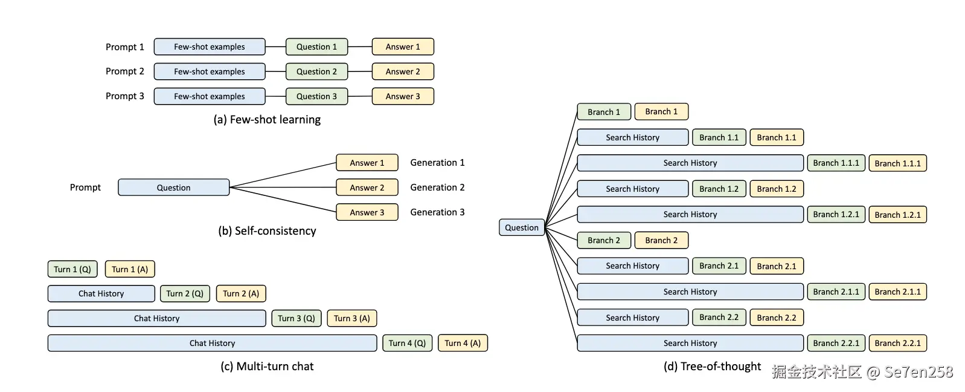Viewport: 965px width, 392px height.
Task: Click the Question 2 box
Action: coord(316,71)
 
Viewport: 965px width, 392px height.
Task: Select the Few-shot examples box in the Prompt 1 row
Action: coord(209,47)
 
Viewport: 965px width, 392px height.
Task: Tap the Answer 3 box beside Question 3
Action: coord(402,96)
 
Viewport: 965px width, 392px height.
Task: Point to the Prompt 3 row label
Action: coord(124,96)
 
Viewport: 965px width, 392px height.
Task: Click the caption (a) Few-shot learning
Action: coord(267,120)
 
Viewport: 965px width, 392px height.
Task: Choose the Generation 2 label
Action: coord(437,188)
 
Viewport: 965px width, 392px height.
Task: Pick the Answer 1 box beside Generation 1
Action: coord(367,163)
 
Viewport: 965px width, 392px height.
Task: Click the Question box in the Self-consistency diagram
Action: coord(173,188)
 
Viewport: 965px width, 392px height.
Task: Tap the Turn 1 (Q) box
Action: coord(72,269)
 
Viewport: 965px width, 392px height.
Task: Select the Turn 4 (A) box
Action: coord(463,343)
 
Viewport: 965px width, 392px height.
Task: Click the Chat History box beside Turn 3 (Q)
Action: coord(156,318)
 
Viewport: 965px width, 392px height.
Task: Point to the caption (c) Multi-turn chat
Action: coord(267,366)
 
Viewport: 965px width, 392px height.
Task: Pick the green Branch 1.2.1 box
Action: coord(836,214)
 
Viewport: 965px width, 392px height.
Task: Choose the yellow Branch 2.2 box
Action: coord(776,318)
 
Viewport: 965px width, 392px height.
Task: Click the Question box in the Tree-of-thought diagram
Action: coord(521,227)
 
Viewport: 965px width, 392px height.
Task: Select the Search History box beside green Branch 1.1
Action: coord(632,137)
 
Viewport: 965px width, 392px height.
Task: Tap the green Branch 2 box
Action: coord(603,240)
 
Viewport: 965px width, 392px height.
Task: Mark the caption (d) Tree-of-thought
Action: coord(712,366)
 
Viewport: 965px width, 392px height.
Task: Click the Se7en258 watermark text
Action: coord(918,372)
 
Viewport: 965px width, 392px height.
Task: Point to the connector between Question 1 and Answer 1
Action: coord(360,47)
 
